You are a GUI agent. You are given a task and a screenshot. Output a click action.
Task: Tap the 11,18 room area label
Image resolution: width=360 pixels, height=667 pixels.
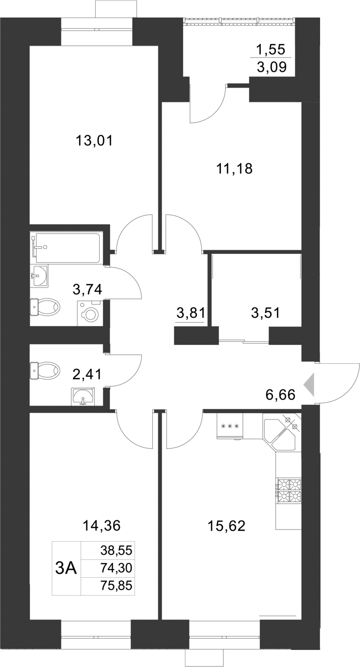pos(234,169)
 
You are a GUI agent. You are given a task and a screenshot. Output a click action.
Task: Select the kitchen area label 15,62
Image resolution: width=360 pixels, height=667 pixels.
pos(226,526)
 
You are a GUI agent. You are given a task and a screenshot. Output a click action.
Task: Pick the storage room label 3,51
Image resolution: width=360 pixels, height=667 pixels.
pos(265,313)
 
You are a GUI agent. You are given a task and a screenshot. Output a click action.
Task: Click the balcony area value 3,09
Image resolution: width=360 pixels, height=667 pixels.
pos(271,68)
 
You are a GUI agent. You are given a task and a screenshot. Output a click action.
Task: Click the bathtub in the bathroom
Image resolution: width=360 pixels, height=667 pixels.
pos(67,247)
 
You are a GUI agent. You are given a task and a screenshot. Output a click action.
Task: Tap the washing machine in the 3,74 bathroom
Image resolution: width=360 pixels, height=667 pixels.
pos(90,313)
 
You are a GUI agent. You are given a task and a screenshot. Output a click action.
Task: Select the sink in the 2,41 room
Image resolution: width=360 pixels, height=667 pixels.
pos(83,397)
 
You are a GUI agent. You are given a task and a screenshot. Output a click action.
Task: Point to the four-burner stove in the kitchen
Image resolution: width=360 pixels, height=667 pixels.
pos(289,490)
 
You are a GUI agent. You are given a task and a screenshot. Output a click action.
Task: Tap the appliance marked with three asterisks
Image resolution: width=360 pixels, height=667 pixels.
pos(230,426)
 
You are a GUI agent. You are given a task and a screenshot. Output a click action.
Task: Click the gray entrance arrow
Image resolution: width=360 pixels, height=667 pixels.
pos(310,385)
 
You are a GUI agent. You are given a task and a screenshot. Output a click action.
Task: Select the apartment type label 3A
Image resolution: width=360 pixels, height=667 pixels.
pos(66,568)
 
